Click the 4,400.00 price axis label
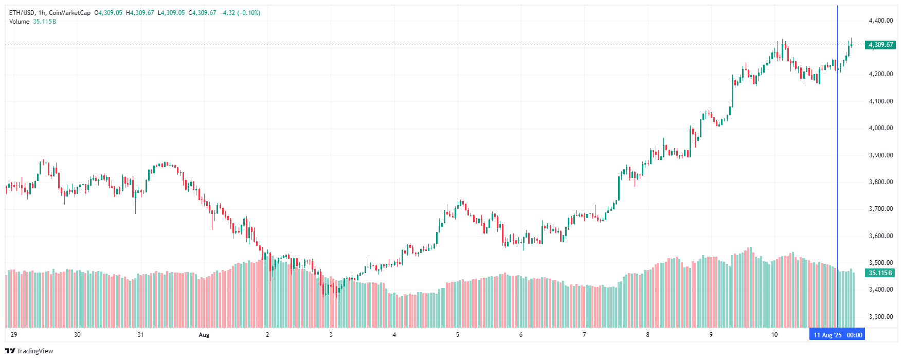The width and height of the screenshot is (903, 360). click(880, 21)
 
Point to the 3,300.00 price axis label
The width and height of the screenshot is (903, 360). click(880, 317)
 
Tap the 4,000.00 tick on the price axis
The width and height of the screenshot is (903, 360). click(880, 128)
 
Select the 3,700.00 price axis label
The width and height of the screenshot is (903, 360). click(880, 209)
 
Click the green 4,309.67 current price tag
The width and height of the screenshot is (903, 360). click(880, 45)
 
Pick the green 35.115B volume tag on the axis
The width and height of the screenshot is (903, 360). click(880, 273)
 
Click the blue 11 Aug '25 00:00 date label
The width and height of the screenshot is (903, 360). click(838, 335)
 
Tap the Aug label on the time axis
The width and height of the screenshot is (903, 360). click(204, 335)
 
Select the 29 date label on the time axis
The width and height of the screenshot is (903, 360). click(14, 335)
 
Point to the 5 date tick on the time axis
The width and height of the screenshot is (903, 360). click(458, 335)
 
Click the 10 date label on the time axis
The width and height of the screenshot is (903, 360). click(774, 335)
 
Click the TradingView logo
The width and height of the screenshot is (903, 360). click(29, 351)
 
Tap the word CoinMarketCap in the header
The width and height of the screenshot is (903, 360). click(69, 13)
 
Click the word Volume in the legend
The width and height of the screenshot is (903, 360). click(19, 22)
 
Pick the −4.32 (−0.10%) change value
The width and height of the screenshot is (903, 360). click(240, 13)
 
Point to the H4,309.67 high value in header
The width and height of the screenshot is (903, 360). click(140, 13)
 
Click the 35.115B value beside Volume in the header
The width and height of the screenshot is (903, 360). click(44, 22)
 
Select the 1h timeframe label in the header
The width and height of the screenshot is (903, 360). click(42, 13)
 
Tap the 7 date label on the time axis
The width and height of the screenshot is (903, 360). click(584, 335)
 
